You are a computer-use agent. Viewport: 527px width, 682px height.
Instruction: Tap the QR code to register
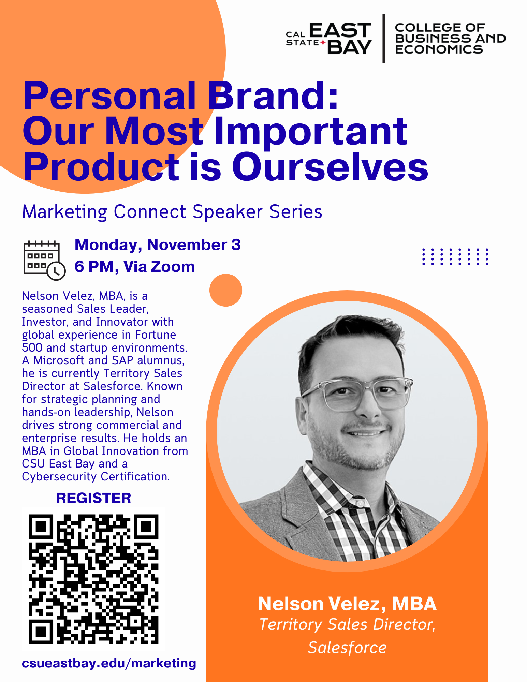(x=93, y=579)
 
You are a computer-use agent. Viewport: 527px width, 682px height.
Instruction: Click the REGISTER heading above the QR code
(x=93, y=498)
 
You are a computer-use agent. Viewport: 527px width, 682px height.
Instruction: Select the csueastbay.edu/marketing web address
(x=109, y=663)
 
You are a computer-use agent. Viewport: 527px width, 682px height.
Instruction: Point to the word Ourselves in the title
(x=330, y=167)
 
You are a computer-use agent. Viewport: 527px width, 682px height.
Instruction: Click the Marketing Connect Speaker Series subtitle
(x=172, y=212)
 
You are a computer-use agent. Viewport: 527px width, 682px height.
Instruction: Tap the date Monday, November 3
(x=158, y=245)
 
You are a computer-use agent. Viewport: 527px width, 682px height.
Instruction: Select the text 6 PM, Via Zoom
(x=135, y=267)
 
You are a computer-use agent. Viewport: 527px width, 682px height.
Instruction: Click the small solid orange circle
(x=226, y=290)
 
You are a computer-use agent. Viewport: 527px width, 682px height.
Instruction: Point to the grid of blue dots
(x=455, y=256)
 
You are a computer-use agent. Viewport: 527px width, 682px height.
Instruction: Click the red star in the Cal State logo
(x=323, y=42)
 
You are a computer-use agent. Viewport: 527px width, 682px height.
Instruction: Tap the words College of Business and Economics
(x=450, y=39)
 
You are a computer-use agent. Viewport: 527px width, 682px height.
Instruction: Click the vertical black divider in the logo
(x=384, y=39)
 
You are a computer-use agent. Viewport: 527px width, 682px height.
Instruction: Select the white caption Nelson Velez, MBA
(x=347, y=604)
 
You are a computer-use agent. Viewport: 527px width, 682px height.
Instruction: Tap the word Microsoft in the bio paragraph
(x=59, y=360)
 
